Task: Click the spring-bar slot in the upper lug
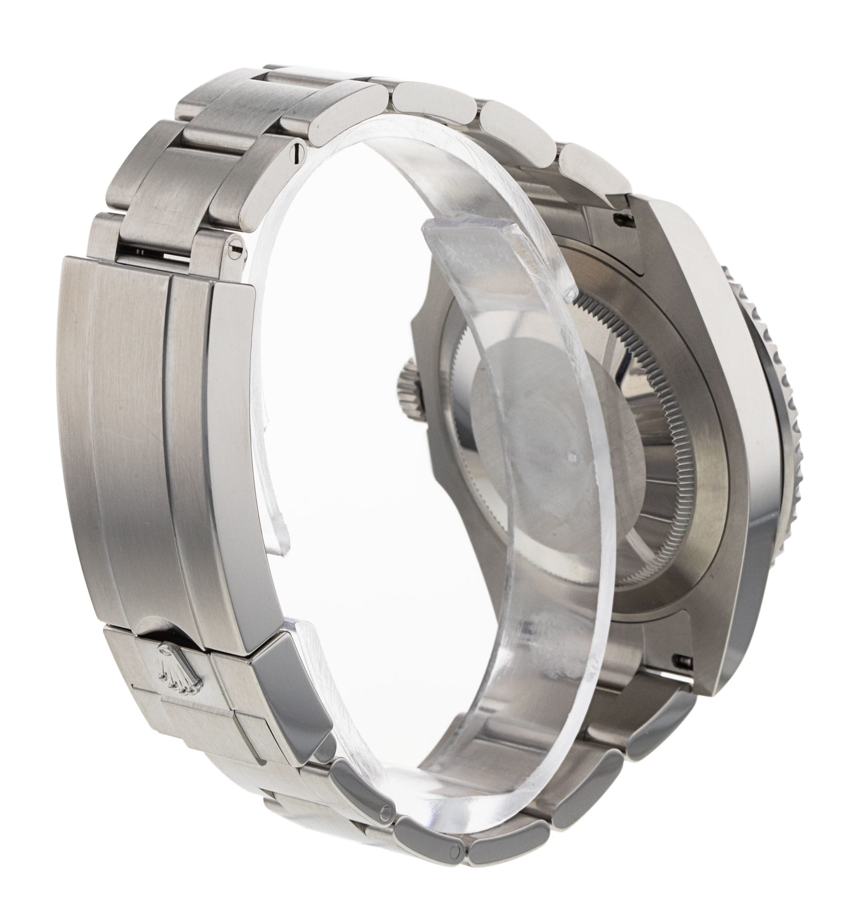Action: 621,218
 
